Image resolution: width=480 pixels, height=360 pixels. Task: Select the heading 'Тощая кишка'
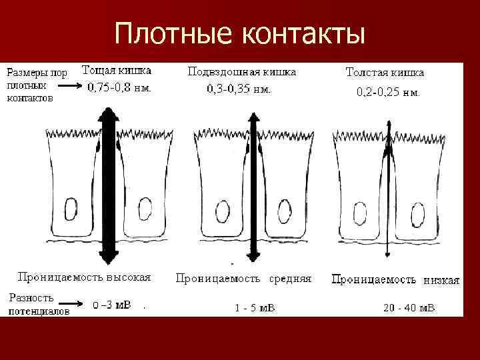click(117, 70)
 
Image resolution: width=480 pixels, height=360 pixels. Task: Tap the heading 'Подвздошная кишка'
click(241, 71)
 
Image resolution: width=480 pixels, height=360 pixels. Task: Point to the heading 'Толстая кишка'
click(385, 72)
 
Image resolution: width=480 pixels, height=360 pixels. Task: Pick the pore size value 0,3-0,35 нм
click(239, 88)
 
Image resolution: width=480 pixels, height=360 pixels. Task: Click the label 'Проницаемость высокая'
click(85, 276)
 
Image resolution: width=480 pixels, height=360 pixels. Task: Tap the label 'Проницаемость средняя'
click(243, 279)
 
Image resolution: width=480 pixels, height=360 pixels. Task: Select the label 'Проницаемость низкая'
click(395, 280)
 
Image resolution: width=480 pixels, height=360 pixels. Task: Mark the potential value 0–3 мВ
click(111, 305)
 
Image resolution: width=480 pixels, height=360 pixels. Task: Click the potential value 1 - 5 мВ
click(255, 308)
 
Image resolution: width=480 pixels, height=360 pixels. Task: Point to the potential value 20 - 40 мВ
click(409, 308)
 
